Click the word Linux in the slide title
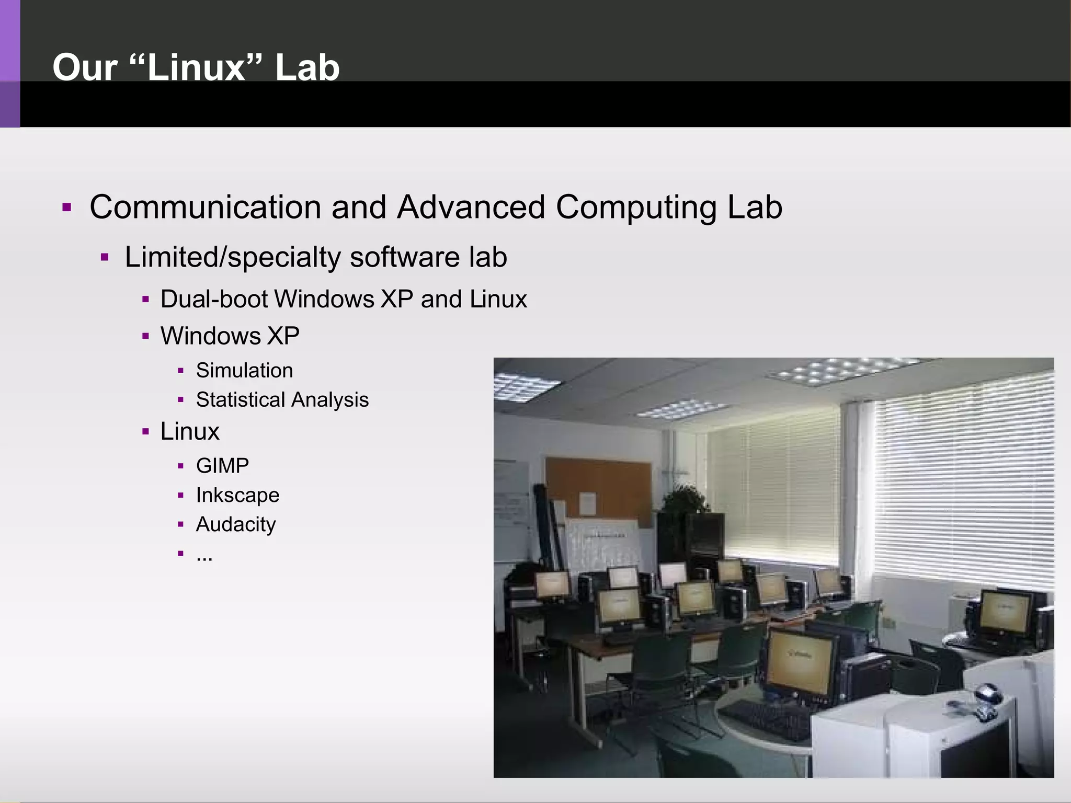coord(197,68)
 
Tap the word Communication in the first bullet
coord(205,207)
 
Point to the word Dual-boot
coord(214,300)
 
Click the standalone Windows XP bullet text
coord(230,336)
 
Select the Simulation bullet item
coord(244,371)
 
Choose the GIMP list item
coord(222,466)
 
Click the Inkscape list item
coord(237,495)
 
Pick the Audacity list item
coord(235,524)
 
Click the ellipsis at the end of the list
coord(204,556)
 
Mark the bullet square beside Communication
coord(66,208)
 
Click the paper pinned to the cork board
coord(587,503)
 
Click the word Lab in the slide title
coord(307,68)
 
